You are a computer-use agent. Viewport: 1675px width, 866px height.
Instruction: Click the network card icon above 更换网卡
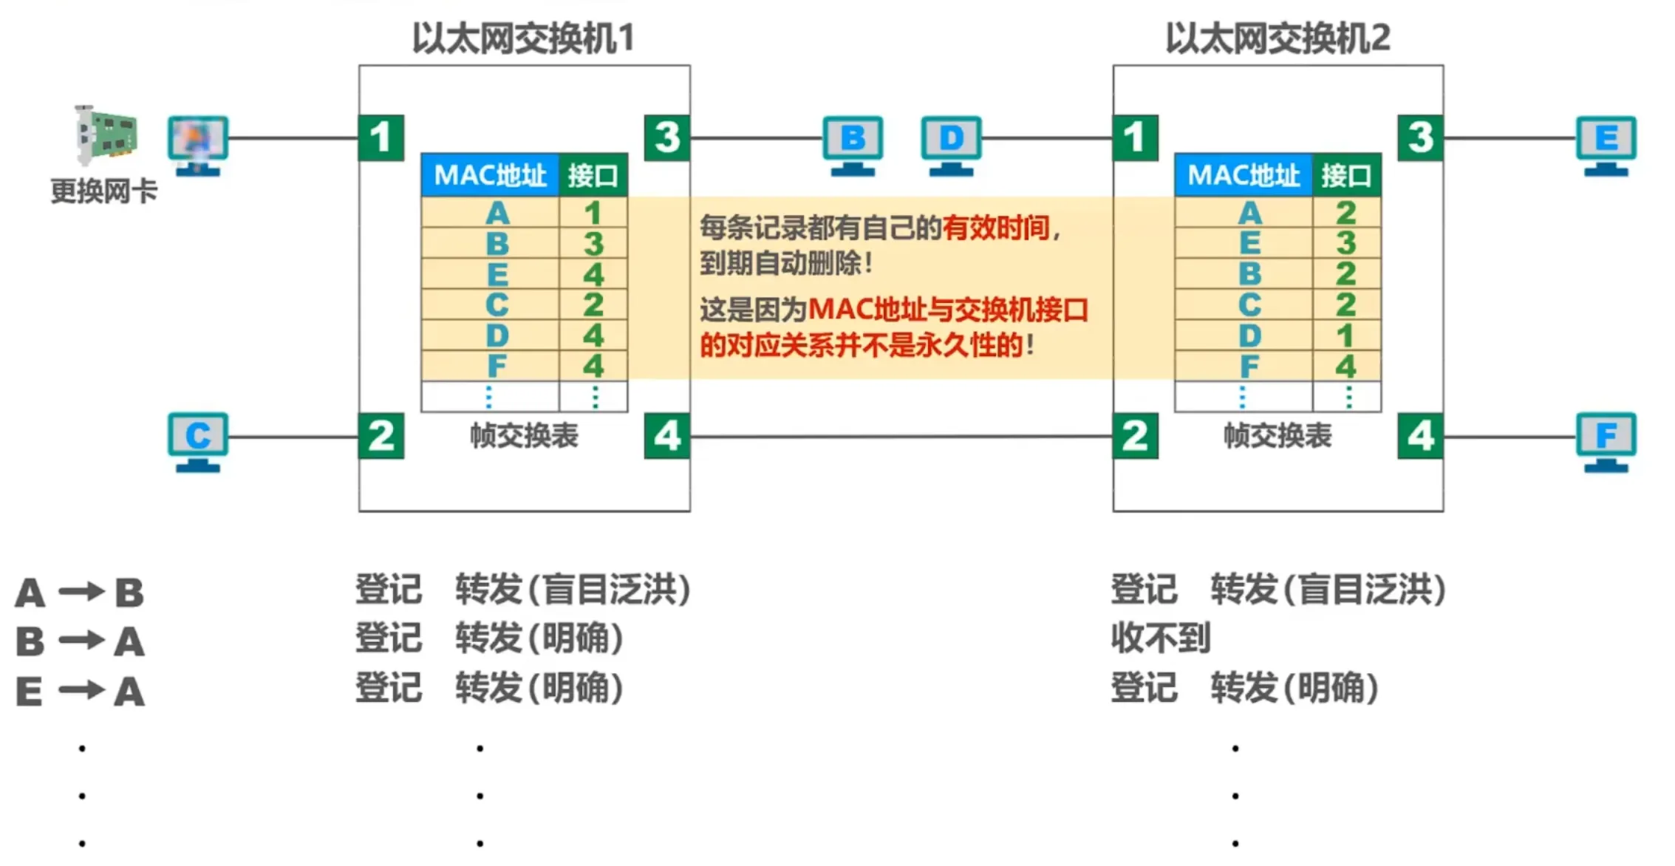point(106,135)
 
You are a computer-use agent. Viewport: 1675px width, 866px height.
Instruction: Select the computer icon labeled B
point(853,144)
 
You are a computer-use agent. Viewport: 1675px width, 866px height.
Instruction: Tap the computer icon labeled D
point(951,144)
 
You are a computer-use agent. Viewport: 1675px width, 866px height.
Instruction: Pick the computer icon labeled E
point(1606,144)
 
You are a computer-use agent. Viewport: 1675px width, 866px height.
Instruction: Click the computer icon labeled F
point(1606,441)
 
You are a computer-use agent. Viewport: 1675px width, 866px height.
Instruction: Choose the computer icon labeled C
point(197,441)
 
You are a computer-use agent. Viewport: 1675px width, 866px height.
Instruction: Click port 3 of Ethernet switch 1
point(666,137)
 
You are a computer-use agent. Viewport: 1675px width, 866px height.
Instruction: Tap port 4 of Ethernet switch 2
point(1420,436)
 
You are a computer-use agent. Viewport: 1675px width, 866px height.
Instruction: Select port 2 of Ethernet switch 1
point(381,436)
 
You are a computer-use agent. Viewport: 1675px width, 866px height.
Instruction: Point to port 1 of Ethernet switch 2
point(1135,137)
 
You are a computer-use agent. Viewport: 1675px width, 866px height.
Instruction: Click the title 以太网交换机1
point(523,38)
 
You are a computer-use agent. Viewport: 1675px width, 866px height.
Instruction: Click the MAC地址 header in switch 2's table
point(1244,175)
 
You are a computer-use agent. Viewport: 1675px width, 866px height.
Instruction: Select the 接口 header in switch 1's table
point(593,175)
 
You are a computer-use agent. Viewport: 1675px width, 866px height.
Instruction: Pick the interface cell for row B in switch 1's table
point(593,244)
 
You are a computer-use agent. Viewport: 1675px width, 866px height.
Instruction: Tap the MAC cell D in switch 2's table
point(1249,335)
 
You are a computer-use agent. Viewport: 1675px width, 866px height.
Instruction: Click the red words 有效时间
point(995,228)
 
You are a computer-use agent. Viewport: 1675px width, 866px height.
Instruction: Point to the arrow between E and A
point(81,691)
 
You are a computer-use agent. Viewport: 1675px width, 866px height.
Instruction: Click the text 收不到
point(1161,638)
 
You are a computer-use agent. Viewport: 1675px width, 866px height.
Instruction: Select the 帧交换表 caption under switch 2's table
point(1277,435)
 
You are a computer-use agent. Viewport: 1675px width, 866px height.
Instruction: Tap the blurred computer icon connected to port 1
point(197,144)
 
